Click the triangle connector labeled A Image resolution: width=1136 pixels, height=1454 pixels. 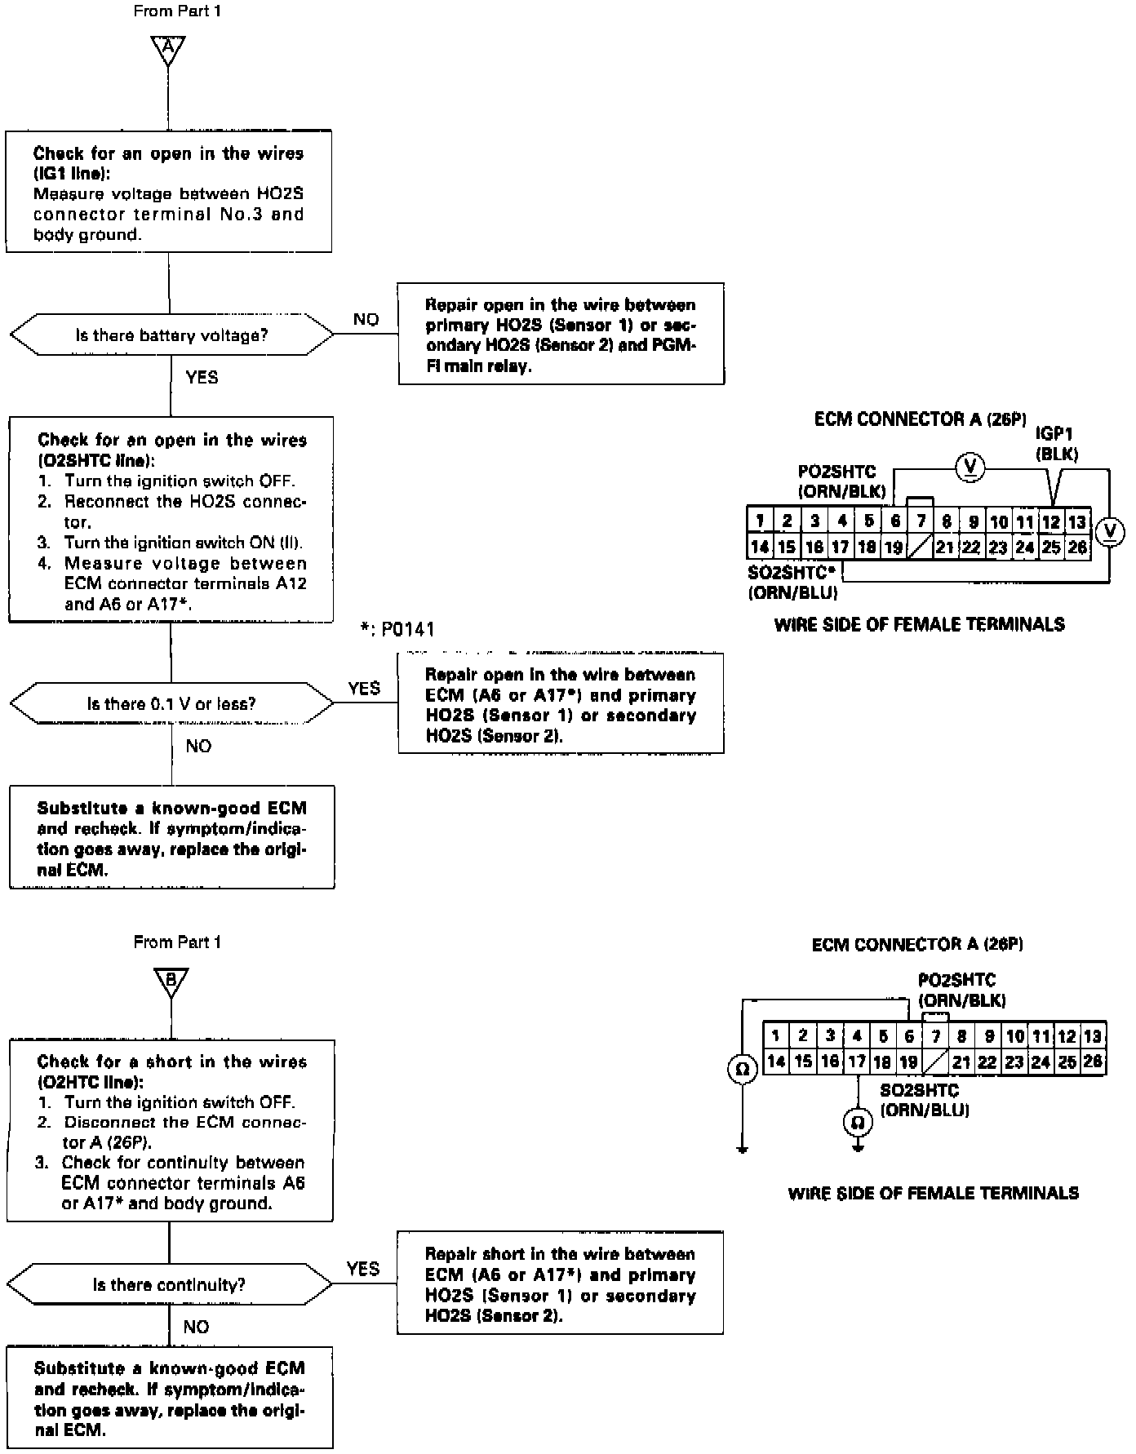tap(168, 49)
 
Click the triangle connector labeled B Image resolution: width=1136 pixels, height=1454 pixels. tap(171, 982)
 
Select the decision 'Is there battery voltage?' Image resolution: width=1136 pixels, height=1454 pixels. tap(171, 335)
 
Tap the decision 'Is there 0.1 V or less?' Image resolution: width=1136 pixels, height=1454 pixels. tap(171, 704)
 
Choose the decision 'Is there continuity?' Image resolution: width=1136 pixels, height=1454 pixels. tap(169, 1285)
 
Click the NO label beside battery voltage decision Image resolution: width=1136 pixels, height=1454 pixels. tap(366, 320)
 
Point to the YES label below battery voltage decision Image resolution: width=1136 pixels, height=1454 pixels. tap(202, 378)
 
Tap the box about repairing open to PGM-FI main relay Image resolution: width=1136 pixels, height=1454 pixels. tap(561, 335)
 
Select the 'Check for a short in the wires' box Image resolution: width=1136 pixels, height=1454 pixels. tap(171, 1131)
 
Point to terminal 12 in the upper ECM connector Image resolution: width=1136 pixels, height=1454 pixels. tap(1051, 521)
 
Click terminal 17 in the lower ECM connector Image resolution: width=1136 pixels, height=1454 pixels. tap(856, 1062)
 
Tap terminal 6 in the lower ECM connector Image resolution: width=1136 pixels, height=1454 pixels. tap(909, 1036)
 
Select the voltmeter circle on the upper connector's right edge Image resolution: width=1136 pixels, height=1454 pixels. tap(1109, 532)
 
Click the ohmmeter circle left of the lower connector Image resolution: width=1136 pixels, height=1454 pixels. tap(743, 1068)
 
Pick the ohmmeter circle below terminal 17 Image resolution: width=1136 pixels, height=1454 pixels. tap(858, 1124)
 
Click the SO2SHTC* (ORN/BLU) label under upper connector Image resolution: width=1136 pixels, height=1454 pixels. tap(793, 583)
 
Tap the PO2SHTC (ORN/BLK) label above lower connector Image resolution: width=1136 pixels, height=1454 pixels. tap(961, 990)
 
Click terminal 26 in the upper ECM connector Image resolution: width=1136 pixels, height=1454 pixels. tap(1078, 547)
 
